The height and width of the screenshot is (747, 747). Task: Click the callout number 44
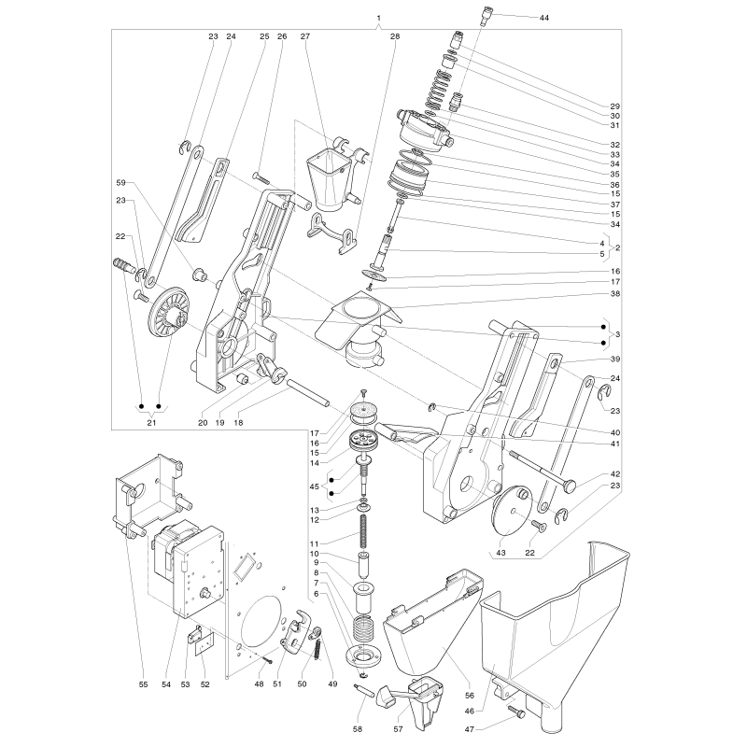point(544,18)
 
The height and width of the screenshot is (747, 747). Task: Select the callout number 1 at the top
point(379,18)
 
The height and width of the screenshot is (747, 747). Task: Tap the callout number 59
point(121,182)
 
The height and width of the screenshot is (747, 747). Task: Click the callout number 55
point(144,684)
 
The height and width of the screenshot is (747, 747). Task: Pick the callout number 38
point(615,293)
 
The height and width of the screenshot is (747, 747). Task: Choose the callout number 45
point(314,486)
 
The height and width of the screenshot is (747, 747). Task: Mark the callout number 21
point(151,423)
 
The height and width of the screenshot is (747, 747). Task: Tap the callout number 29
point(615,106)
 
